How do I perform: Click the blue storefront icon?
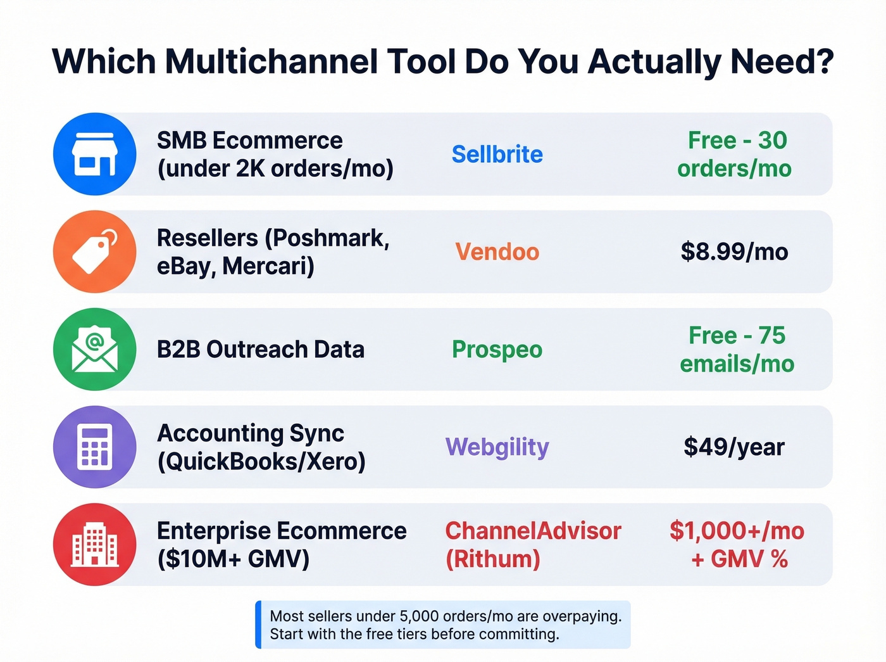94,154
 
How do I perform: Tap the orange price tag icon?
94,251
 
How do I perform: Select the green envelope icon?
94,349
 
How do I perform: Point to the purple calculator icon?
94,447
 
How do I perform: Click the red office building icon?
94,544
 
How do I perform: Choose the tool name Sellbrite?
497,154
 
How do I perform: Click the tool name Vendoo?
497,251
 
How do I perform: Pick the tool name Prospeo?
497,349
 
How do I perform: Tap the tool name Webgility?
497,447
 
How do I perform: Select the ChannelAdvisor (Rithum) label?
533,544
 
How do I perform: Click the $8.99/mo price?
734,251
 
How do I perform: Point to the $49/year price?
734,447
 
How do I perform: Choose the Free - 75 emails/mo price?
737,349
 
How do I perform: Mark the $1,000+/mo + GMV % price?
737,544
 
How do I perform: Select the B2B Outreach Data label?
260,349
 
